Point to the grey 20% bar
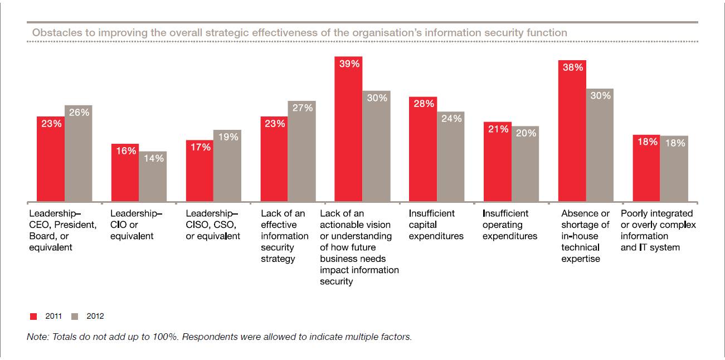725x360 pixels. [x=525, y=164]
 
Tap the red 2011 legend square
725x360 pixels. [x=33, y=317]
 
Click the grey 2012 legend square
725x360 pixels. [x=75, y=317]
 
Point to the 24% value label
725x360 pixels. [x=451, y=119]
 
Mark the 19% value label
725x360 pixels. [x=227, y=137]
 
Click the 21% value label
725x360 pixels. [x=498, y=129]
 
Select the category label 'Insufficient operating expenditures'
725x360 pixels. [x=510, y=225]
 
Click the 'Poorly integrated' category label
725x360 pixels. [x=657, y=213]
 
